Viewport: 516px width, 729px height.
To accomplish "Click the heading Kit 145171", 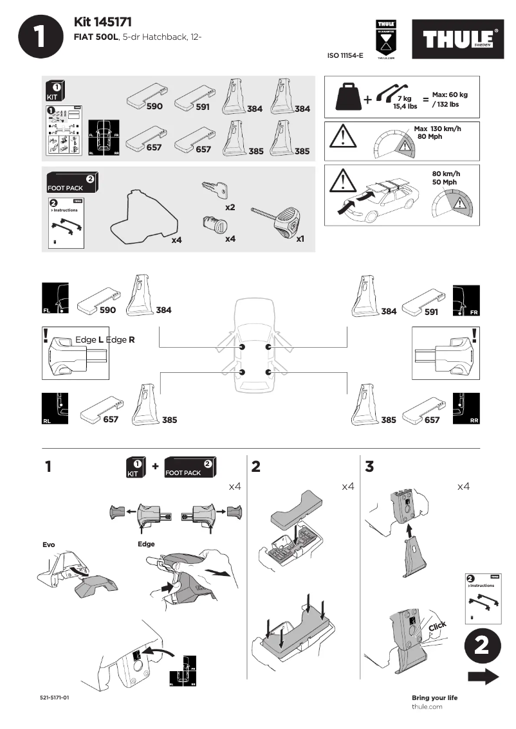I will point(103,22).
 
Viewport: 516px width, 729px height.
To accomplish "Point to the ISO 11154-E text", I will point(346,56).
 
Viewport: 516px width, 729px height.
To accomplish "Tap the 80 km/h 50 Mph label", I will point(447,178).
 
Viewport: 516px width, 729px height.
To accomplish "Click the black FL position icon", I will point(53,299).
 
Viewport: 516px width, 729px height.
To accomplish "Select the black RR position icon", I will point(466,408).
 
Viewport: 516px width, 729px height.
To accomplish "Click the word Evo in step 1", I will point(49,544).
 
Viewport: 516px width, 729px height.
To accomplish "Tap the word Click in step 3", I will point(437,626).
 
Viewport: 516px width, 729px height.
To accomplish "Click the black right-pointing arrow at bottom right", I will point(483,676).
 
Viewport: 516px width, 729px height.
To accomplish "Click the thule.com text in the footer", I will point(427,706).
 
